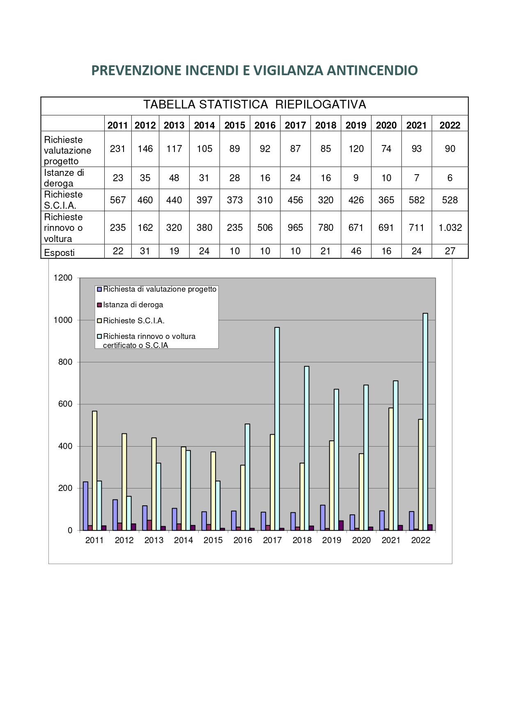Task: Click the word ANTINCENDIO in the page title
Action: (372, 71)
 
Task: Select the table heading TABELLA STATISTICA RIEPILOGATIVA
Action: (254, 105)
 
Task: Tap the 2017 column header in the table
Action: (295, 125)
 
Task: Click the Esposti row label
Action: (59, 253)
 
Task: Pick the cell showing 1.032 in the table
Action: (450, 228)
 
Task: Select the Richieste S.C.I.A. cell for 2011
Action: (117, 200)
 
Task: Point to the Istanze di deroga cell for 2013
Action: (174, 178)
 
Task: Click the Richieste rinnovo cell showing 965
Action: (295, 228)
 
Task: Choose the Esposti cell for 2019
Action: (356, 251)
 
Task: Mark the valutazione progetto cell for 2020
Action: (386, 149)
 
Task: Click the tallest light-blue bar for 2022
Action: (425, 422)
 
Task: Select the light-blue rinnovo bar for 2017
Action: (277, 429)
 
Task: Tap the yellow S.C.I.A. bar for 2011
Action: (95, 471)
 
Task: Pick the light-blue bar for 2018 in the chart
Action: (307, 448)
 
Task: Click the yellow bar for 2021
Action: (391, 469)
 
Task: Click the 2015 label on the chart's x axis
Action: (213, 540)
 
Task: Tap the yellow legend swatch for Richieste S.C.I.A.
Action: (99, 320)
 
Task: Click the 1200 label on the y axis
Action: (63, 278)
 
